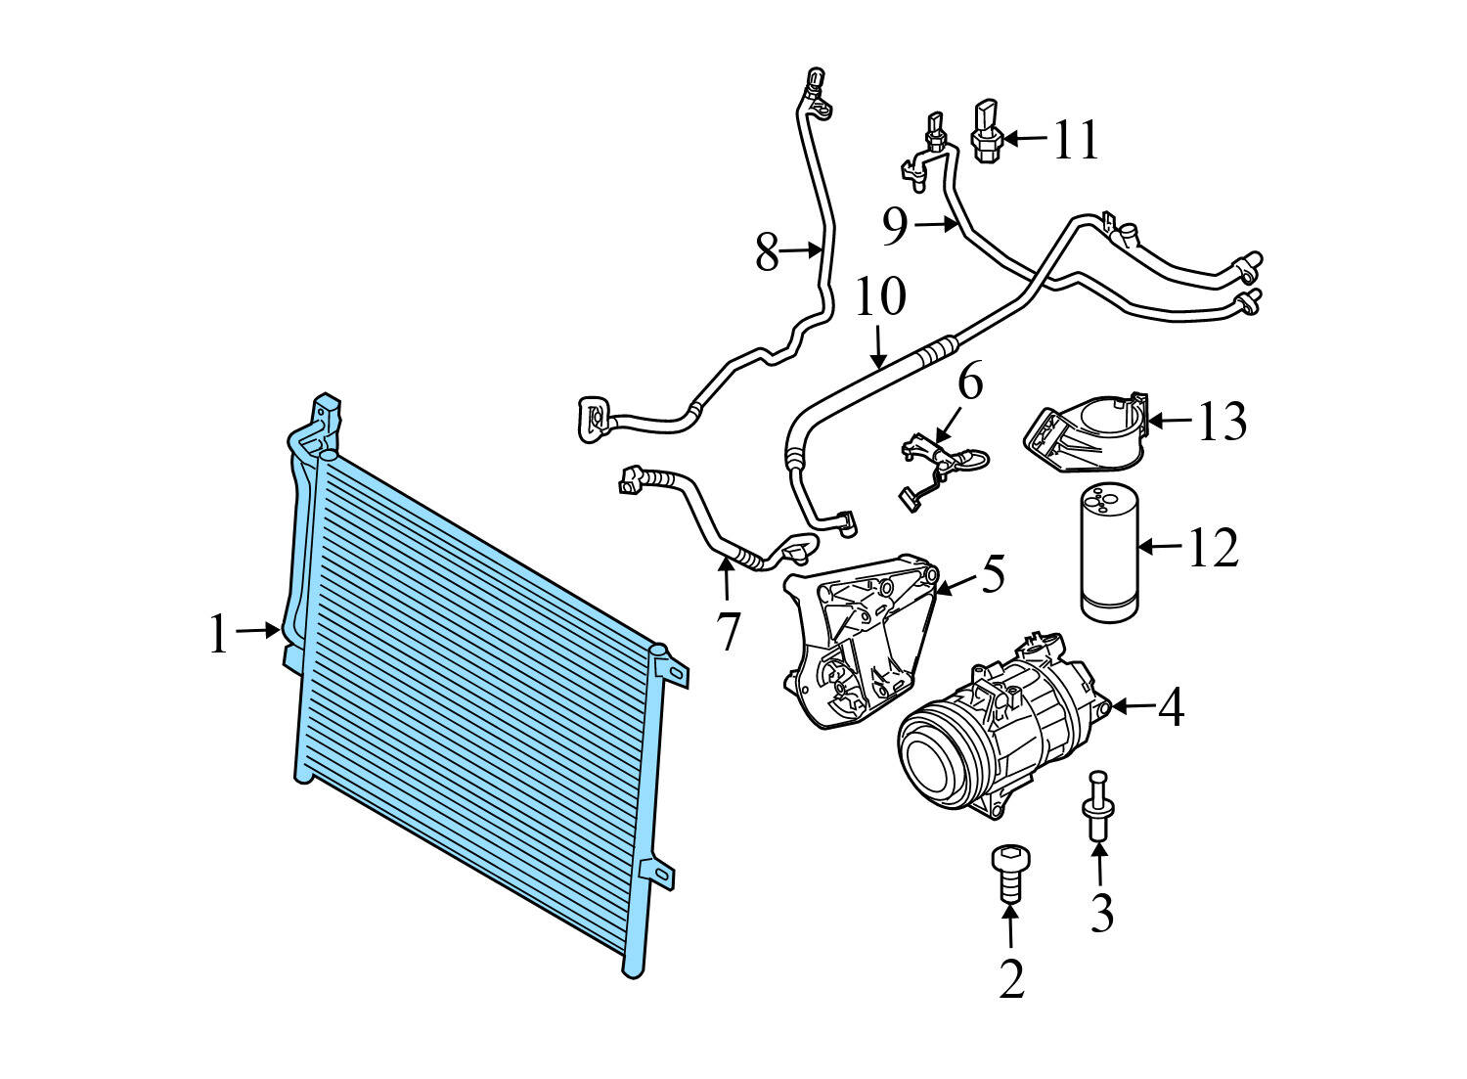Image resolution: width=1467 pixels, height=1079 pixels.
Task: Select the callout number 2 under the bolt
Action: pyautogui.click(x=1011, y=978)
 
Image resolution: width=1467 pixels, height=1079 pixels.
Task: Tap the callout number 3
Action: pyautogui.click(x=1101, y=913)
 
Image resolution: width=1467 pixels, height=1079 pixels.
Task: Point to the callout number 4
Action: pyautogui.click(x=1171, y=707)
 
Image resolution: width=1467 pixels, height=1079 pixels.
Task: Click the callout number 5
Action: pyautogui.click(x=993, y=574)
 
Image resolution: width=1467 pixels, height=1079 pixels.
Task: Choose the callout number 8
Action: pyautogui.click(x=768, y=252)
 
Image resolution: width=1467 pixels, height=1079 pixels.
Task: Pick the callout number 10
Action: pyautogui.click(x=880, y=297)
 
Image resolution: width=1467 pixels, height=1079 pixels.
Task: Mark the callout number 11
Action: pyautogui.click(x=1076, y=140)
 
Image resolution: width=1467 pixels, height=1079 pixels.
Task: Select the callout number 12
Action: pyautogui.click(x=1213, y=547)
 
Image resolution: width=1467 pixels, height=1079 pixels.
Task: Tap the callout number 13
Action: pyautogui.click(x=1222, y=422)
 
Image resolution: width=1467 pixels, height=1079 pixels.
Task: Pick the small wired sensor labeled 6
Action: pyautogui.click(x=939, y=460)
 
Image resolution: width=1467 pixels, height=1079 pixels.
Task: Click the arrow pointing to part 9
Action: pyautogui.click(x=937, y=225)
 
